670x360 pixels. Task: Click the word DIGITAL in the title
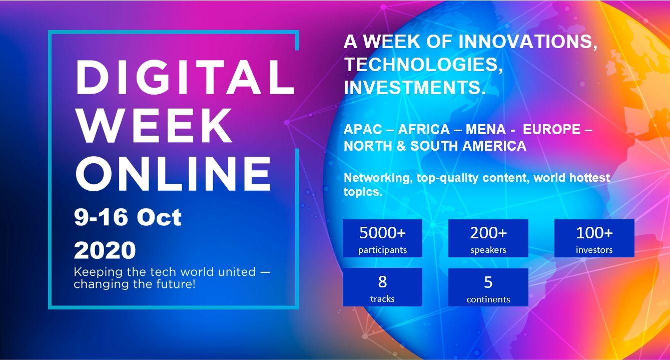pos(186,77)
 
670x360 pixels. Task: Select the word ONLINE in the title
pos(174,173)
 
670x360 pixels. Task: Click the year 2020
pos(105,250)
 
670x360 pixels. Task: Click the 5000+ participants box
pos(382,238)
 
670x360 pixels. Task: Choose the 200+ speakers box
pos(488,238)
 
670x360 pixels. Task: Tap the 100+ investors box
pos(594,238)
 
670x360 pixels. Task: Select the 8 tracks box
pos(382,287)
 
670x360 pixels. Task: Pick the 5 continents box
pos(488,287)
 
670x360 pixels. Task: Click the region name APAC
pos(363,130)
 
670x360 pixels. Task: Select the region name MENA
pos(486,130)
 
